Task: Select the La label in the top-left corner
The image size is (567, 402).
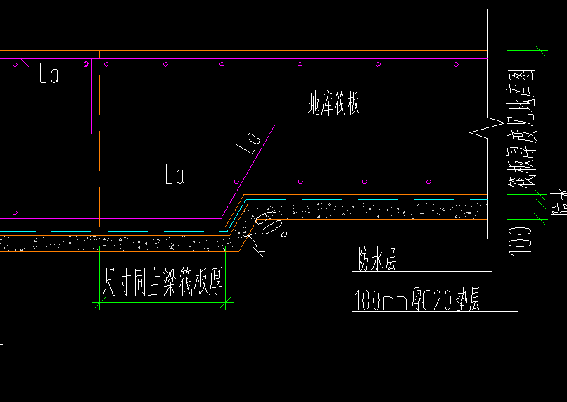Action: [49, 74]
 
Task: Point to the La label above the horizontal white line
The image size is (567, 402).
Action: [174, 175]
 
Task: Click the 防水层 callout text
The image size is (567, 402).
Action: [377, 261]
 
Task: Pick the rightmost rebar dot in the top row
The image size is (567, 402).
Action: [456, 65]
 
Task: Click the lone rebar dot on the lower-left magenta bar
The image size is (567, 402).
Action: [15, 212]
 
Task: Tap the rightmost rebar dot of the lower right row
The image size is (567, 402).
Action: [429, 182]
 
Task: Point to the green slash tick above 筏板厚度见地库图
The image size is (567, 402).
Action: [540, 49]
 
